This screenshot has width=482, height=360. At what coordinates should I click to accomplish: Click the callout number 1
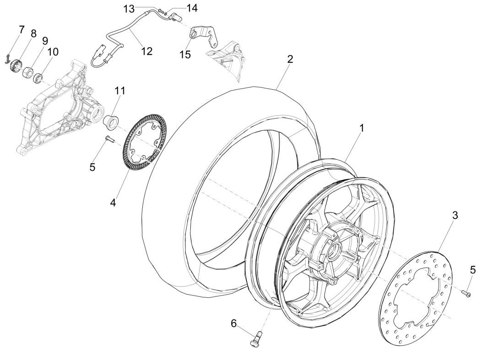[362, 128]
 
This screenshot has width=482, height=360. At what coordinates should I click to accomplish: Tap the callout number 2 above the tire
[290, 59]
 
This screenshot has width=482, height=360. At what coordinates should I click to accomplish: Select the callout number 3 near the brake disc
[455, 215]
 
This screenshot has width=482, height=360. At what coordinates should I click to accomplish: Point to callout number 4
[113, 203]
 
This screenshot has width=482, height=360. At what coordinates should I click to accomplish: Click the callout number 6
[234, 323]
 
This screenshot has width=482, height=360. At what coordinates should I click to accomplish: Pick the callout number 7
[21, 30]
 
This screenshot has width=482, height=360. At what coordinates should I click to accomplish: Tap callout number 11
[120, 91]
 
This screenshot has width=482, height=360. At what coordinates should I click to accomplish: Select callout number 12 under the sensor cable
[147, 51]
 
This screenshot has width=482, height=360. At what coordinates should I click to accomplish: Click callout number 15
[185, 54]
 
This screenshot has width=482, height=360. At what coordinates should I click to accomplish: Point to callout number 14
[191, 8]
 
